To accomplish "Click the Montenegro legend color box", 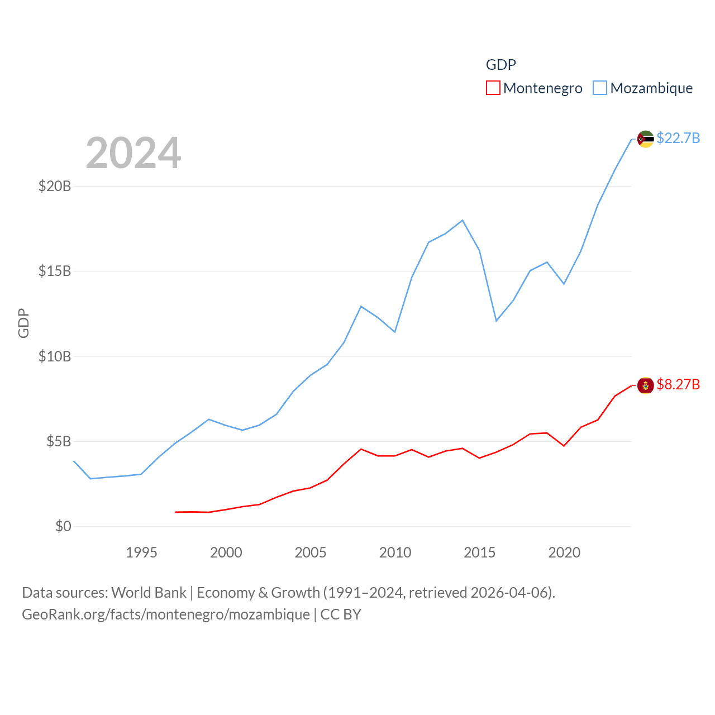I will [x=493, y=88].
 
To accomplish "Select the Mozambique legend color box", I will [x=600, y=88].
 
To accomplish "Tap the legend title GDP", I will [x=500, y=65].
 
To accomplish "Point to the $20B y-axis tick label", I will [x=55, y=186].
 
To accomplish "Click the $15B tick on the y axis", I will [x=55, y=271].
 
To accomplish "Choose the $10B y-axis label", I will [x=55, y=356].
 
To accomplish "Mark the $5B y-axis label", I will [x=59, y=442].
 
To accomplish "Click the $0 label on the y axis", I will [x=63, y=526].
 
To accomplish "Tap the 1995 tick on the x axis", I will [x=141, y=552].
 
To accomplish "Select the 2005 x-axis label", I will [x=311, y=552].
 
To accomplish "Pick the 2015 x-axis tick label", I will [x=479, y=552].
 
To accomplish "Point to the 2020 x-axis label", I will [x=564, y=552].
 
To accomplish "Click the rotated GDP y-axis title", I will [x=23, y=323].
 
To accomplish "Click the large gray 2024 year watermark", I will [x=133, y=153].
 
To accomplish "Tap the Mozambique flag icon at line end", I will [x=645, y=139].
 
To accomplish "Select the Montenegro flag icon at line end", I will [x=645, y=385].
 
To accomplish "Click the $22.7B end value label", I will [x=678, y=138].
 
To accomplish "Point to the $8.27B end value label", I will [x=678, y=384].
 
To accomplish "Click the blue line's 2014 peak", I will [x=463, y=221].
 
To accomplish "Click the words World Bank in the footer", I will [x=149, y=592].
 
